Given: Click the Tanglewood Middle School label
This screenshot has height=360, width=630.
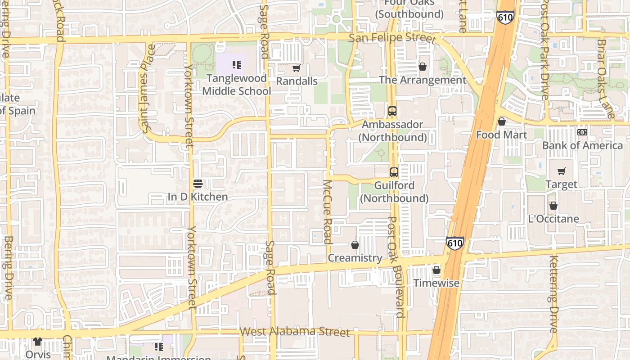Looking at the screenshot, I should (236, 85).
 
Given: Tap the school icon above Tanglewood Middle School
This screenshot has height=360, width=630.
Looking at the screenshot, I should (237, 65).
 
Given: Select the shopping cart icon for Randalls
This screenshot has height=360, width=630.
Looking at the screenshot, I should (296, 68).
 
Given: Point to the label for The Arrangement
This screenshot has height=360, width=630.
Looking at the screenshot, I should (423, 80).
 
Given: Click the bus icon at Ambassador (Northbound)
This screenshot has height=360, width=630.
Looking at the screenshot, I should (392, 111).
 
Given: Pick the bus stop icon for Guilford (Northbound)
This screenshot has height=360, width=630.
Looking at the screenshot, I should (394, 172).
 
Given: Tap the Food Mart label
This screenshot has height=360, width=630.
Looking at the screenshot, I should (501, 135).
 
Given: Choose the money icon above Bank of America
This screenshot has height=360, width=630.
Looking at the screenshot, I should (582, 132).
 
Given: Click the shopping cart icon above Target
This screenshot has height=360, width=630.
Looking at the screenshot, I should (561, 171).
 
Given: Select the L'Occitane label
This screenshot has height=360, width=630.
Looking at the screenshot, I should (553, 219).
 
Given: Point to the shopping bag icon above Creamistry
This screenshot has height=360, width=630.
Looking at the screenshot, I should (355, 245).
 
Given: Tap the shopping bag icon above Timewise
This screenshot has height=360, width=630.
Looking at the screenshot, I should (436, 270).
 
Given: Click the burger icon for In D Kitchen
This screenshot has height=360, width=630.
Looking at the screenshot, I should (198, 184).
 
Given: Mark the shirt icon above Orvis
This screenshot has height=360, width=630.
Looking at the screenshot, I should (38, 342).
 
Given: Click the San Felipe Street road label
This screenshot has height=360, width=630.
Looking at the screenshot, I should (392, 37).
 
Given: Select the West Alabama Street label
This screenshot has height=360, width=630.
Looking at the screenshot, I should (295, 332).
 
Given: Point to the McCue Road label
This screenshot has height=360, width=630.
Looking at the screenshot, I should (328, 211).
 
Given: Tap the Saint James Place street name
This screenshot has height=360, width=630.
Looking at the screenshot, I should (147, 89).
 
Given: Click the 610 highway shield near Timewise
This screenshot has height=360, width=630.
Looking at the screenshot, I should (455, 243).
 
